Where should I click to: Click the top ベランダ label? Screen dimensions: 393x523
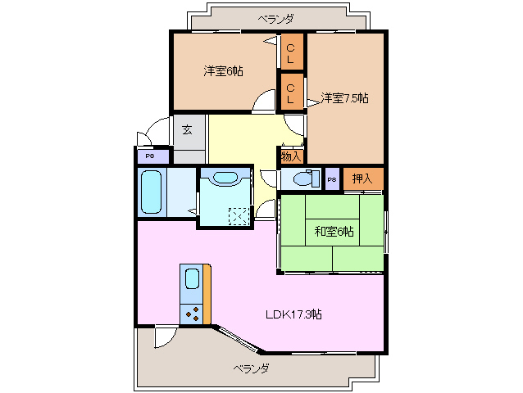point(275,18)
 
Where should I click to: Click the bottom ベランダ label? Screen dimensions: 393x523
point(250,368)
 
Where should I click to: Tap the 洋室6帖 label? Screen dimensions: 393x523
point(223,71)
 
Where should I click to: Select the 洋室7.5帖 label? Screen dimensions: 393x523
point(344,98)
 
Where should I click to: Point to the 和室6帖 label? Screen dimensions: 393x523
point(334,232)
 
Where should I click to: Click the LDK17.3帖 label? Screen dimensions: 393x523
point(293,314)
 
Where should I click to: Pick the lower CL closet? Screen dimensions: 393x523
point(291,90)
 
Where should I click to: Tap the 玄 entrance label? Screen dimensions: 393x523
point(187,129)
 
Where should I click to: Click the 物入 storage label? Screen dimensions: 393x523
point(291,156)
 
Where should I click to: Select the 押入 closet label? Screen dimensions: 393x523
point(362,178)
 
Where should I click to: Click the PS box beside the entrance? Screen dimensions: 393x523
point(150,156)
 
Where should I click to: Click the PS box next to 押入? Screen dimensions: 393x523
point(332,179)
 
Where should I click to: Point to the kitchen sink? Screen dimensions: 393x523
point(191,279)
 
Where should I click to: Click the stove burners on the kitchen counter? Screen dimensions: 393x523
point(193,312)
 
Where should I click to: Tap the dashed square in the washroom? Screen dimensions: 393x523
point(239,216)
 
